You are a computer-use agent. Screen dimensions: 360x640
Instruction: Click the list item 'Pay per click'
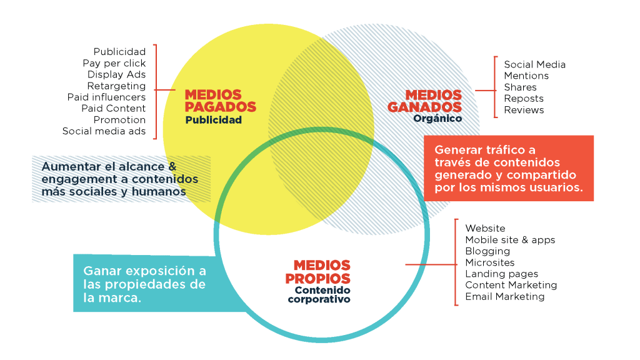coord(114,63)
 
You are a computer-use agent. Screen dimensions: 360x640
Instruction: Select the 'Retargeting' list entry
coord(116,86)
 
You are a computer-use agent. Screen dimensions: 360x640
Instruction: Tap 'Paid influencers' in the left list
coord(106,97)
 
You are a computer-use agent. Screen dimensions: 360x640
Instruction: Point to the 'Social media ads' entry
coord(104,131)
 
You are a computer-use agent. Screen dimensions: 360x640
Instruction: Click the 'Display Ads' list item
coord(116,74)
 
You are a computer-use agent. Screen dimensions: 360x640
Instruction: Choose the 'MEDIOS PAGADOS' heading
coord(220,101)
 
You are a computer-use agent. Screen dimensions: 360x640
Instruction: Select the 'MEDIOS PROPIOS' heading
coord(317,272)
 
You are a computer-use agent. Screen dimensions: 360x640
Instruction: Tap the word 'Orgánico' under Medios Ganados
coord(437,118)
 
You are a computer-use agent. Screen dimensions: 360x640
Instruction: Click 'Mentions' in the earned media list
coord(526,76)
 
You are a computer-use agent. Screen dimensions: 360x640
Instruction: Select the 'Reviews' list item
coord(524,110)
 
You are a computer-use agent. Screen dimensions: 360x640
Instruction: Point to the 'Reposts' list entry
coord(524,99)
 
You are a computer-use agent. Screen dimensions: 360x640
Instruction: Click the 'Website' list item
coord(485,228)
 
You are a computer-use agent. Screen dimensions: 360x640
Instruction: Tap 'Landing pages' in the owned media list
coord(501,274)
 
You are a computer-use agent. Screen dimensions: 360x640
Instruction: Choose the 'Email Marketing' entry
coord(504,296)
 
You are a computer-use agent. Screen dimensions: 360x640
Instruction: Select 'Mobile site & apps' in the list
coord(510,239)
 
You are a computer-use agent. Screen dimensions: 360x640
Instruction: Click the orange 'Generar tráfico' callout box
coord(508,169)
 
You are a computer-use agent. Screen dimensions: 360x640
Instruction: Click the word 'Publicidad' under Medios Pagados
coord(213,119)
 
